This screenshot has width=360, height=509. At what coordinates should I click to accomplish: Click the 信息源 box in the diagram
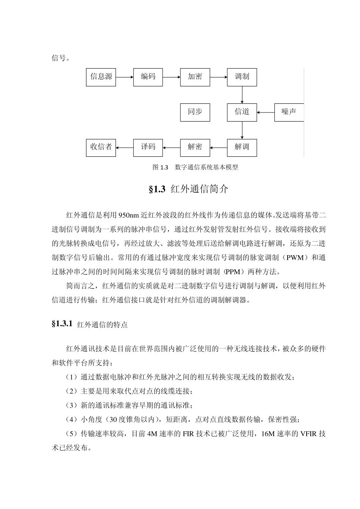click(x=101, y=77)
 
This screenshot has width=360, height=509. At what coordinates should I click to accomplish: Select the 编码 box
click(x=148, y=77)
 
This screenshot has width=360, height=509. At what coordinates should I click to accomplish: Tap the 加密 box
click(x=195, y=77)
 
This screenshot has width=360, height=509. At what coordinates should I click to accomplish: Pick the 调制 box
click(x=242, y=77)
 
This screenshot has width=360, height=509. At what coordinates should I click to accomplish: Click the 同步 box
click(x=195, y=112)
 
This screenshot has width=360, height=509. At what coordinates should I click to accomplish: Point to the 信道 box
click(x=242, y=112)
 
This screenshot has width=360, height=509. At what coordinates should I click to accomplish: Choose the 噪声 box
click(x=289, y=112)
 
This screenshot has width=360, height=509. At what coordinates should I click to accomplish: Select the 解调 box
click(x=242, y=147)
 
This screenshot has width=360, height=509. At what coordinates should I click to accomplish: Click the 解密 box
click(x=195, y=147)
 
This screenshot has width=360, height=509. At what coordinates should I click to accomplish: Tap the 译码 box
click(x=148, y=147)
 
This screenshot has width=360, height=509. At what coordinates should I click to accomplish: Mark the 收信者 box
click(x=101, y=147)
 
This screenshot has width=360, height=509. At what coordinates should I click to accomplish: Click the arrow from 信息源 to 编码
click(x=125, y=77)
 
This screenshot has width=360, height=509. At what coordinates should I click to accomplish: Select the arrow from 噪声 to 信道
click(x=266, y=112)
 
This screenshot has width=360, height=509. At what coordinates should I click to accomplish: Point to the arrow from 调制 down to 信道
click(x=242, y=94)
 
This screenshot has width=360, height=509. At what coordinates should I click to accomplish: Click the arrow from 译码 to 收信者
click(x=125, y=147)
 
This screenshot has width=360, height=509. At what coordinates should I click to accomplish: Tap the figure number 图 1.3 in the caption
click(x=160, y=167)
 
